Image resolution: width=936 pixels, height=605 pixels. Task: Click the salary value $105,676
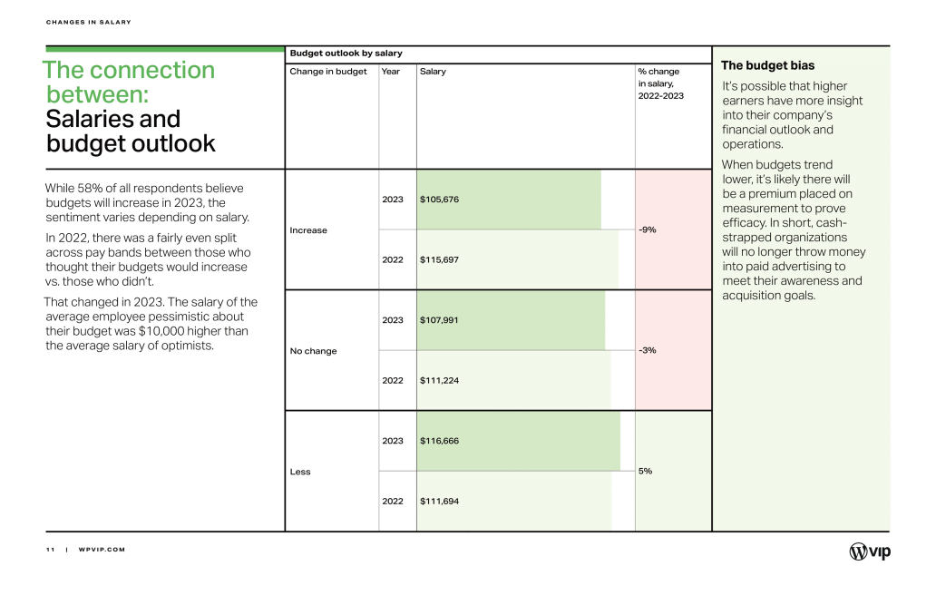tap(439, 200)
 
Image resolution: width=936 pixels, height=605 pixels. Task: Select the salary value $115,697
tap(439, 259)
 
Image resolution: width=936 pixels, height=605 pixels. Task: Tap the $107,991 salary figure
tap(439, 320)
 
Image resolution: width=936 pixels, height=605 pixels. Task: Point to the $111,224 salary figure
tap(439, 380)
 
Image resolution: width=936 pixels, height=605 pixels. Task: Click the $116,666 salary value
tap(439, 441)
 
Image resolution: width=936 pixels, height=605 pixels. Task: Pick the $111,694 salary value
tap(439, 501)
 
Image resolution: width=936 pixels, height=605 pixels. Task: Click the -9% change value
tap(647, 229)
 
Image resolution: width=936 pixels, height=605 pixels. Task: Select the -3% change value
tap(647, 350)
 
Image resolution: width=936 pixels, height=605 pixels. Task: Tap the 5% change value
tap(645, 471)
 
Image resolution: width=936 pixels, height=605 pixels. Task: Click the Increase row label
tap(308, 229)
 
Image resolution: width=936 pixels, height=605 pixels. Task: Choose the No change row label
tap(314, 351)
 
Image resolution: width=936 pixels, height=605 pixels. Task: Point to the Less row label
tap(300, 472)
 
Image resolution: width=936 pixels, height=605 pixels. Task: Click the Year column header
tap(390, 71)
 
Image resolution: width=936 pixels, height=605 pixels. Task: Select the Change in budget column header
tap(328, 72)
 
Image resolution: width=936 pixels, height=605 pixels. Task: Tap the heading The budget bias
tap(767, 65)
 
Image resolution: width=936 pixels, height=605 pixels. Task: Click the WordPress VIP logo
tap(870, 551)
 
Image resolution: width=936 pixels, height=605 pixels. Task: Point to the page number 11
tap(50, 550)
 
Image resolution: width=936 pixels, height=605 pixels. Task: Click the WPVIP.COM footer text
tap(102, 550)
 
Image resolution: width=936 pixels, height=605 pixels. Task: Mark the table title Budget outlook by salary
tap(346, 54)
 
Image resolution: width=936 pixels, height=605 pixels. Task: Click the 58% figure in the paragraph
tap(90, 188)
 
